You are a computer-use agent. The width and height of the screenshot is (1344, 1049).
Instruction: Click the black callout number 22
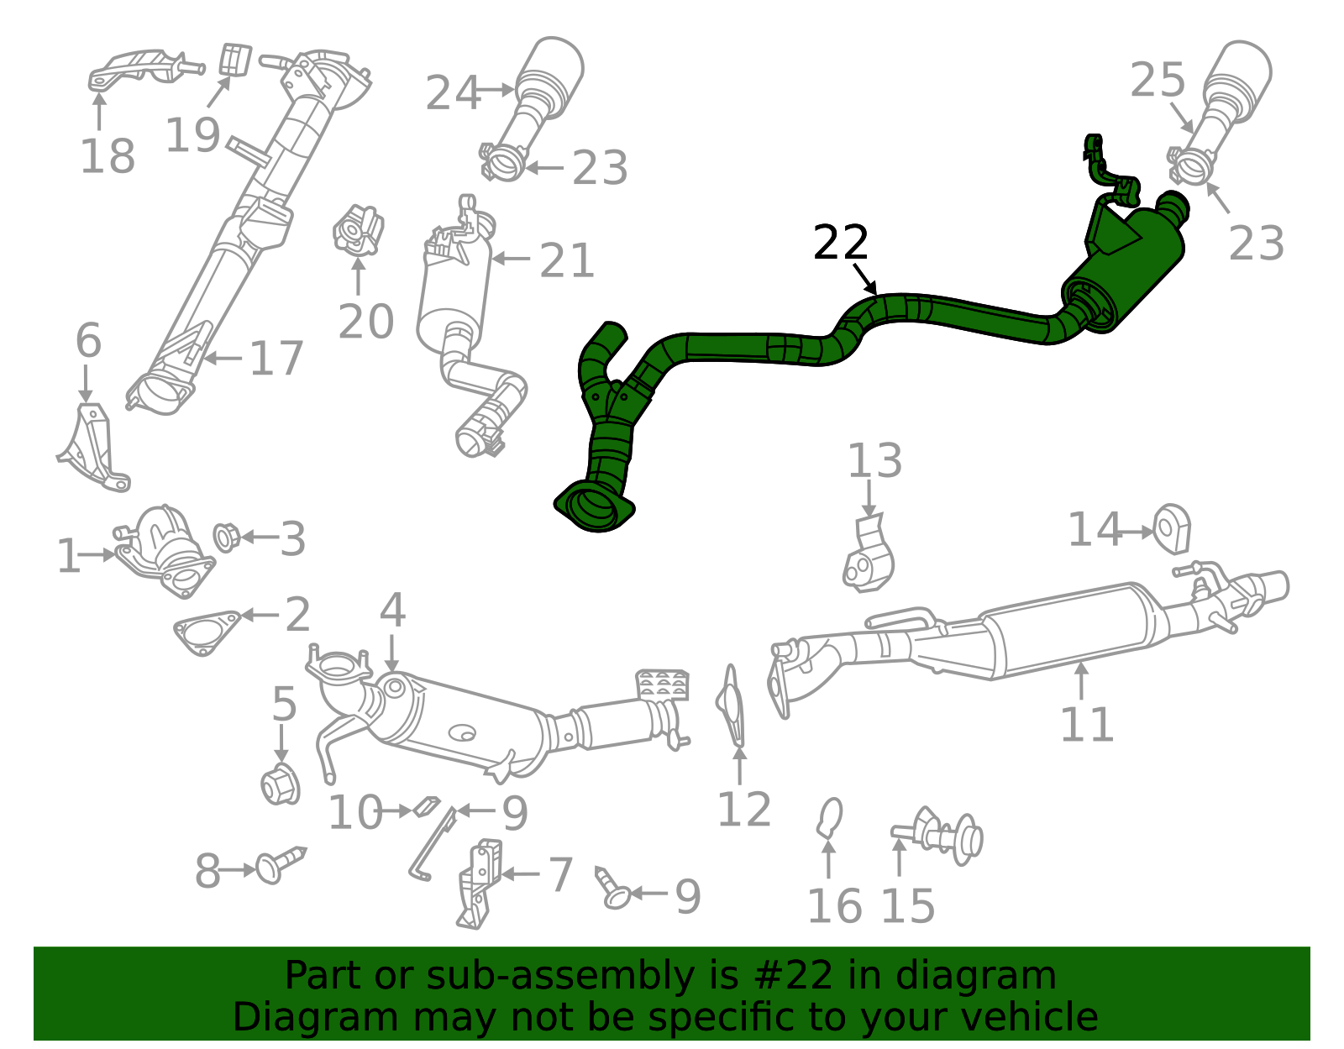(x=841, y=243)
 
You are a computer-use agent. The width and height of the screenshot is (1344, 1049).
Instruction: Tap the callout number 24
(x=453, y=93)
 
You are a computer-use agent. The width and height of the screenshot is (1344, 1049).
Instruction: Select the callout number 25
(x=1158, y=80)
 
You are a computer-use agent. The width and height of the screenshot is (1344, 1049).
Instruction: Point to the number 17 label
(x=276, y=359)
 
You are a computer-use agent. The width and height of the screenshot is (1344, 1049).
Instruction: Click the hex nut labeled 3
(x=226, y=538)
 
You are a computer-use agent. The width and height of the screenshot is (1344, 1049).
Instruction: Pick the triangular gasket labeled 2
(x=207, y=632)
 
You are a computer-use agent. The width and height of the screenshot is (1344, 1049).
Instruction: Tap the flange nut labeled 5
(x=281, y=784)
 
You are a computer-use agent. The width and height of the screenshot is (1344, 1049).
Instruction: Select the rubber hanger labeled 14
(x=1172, y=529)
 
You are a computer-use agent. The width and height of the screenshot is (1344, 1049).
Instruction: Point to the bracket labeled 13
(x=869, y=553)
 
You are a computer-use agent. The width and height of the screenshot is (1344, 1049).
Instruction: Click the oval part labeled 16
(x=829, y=818)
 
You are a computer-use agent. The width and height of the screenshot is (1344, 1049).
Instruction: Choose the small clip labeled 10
(x=426, y=806)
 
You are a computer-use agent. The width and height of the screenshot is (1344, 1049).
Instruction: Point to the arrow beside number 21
(x=511, y=259)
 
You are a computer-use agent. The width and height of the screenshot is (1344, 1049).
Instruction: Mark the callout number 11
(x=1087, y=724)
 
